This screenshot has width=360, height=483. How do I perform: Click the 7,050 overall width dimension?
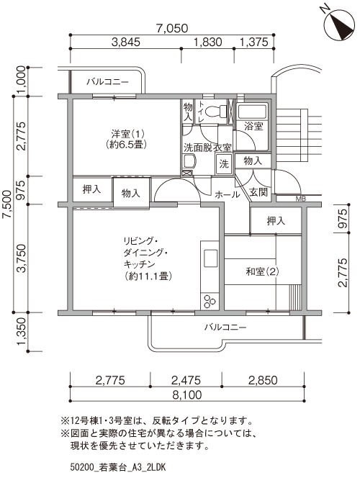click(171, 28)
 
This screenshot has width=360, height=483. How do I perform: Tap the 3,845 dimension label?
click(126, 42)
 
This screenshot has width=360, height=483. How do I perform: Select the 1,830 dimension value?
click(207, 42)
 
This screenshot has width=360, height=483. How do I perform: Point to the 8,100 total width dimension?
click(187, 394)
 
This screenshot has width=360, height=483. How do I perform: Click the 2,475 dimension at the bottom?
click(186, 380)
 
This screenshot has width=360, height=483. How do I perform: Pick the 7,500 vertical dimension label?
click(6, 204)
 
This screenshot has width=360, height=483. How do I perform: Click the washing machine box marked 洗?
click(224, 163)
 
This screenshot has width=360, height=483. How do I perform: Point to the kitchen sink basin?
click(210, 258)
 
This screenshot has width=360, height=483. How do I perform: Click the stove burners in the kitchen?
click(210, 301)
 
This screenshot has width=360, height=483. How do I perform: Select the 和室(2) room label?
click(263, 271)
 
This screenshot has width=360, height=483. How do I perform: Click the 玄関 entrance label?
click(258, 192)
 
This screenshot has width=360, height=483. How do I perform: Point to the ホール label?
click(227, 194)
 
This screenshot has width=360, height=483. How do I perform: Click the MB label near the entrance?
click(300, 199)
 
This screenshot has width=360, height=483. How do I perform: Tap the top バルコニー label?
click(107, 82)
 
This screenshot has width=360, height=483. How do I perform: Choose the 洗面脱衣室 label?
click(207, 148)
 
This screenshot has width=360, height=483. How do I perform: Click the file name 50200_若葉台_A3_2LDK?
click(118, 467)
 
